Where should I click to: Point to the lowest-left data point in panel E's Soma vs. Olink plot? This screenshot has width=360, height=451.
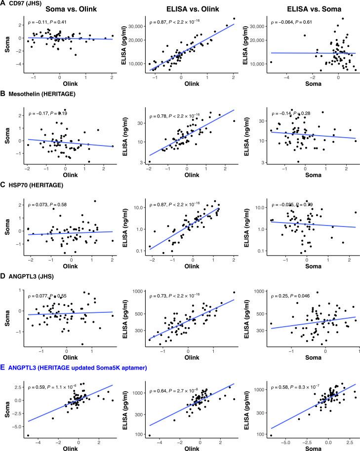click(x=28, y=435)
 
